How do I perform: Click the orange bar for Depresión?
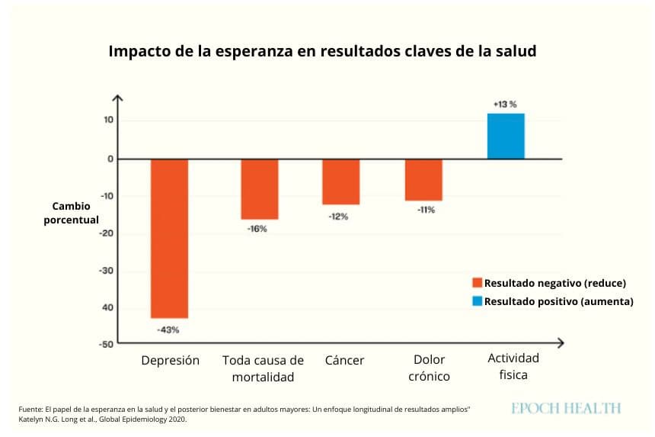point(169,239)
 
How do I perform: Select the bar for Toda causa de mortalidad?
point(260,189)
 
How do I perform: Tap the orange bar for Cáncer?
point(341,182)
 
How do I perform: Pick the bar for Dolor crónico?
point(423,180)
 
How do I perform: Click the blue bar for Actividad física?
point(506,137)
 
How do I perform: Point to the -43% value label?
point(168,330)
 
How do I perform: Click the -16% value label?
point(257,229)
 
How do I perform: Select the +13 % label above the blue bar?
point(505,104)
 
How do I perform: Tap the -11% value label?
point(426,210)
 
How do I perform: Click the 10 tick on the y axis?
point(109,120)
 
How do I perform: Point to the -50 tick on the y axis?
point(106,344)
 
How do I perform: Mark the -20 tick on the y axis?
point(106,233)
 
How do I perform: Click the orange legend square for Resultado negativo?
point(477,283)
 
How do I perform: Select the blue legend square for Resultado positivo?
point(477,301)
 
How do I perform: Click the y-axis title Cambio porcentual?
point(71,213)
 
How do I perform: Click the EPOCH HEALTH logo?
point(566,408)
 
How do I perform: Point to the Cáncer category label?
point(344,360)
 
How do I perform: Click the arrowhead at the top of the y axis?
point(118,98)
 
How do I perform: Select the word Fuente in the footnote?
point(30,410)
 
